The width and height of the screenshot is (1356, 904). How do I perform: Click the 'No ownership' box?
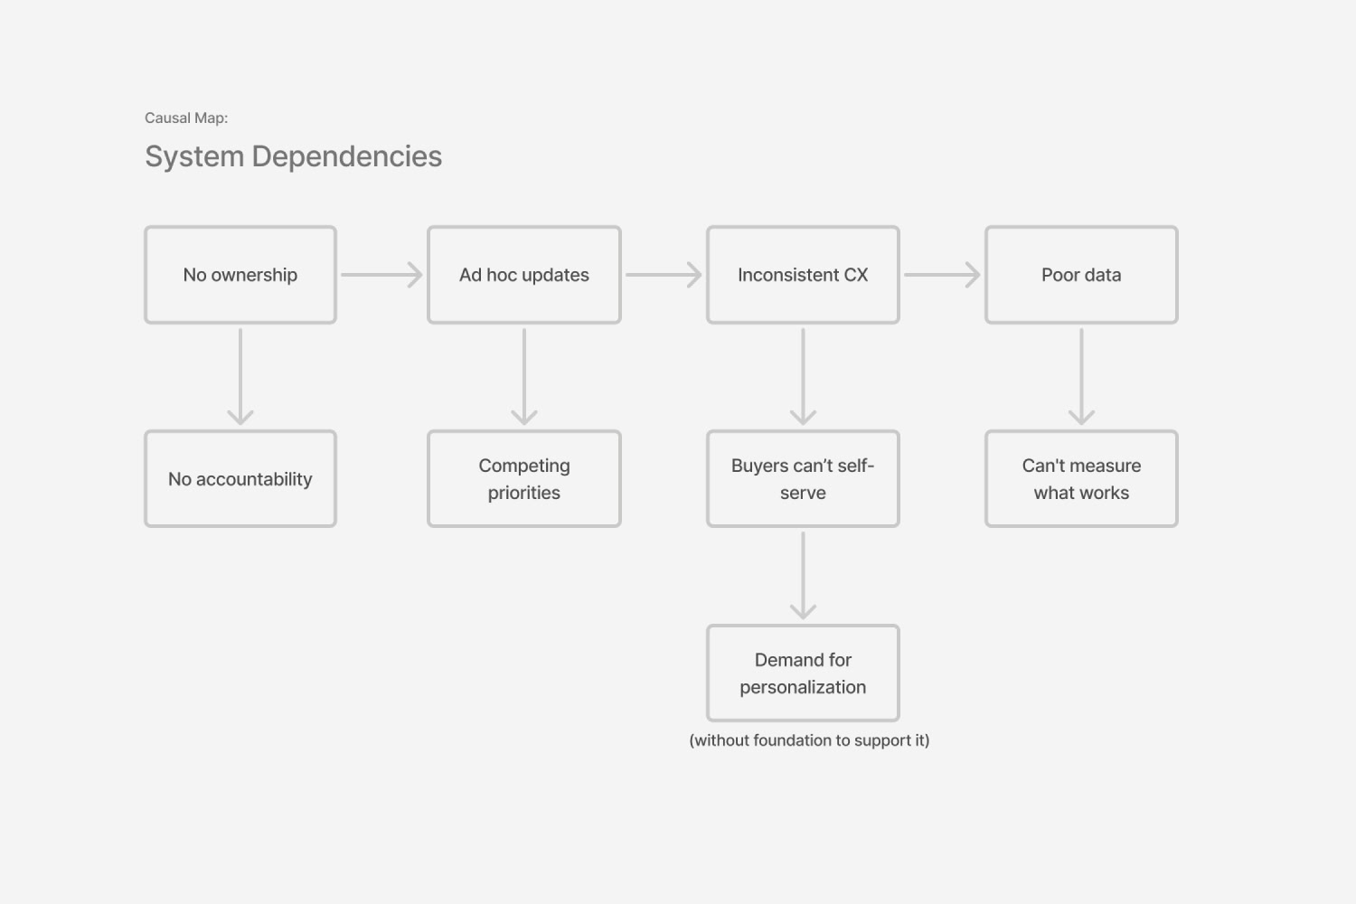point(240,275)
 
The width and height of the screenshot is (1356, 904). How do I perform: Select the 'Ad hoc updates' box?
point(524,275)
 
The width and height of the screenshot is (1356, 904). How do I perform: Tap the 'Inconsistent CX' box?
point(803,275)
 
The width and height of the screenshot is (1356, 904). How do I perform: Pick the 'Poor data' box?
point(1081,275)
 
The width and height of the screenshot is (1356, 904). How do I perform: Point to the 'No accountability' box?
point(240,479)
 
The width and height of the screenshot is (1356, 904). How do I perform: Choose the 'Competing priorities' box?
point(524,479)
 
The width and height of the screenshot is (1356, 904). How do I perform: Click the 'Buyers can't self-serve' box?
point(803,479)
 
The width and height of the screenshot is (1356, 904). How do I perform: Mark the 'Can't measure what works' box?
point(1081,479)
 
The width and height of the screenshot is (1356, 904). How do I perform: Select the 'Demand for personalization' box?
point(803,673)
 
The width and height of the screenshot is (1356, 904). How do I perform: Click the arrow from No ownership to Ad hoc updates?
point(381,275)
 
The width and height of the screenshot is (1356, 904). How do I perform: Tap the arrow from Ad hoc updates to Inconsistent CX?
point(664,275)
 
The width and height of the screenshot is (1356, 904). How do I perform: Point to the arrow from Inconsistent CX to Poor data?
point(942,275)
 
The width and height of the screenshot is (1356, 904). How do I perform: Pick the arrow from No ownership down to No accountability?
point(240,376)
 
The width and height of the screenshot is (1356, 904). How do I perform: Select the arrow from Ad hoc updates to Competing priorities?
point(524,376)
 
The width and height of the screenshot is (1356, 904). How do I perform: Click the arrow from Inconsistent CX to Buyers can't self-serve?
point(803,376)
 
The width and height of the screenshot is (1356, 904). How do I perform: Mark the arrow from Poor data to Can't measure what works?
point(1081,376)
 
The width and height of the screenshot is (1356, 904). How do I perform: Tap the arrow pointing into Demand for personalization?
point(803,575)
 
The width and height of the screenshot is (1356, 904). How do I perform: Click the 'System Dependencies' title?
point(294,156)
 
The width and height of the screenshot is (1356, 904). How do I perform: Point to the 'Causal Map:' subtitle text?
point(186,118)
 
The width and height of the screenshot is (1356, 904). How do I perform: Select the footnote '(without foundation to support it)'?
point(809,740)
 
